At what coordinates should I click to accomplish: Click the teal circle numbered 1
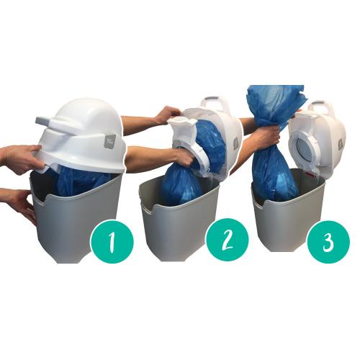point(112,241)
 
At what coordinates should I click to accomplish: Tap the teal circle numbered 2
point(227,240)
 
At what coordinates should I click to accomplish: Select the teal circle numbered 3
point(328,241)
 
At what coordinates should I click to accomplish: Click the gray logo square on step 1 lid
point(110,142)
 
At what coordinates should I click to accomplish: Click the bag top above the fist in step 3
point(276,106)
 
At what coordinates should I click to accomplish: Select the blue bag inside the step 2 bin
point(181,185)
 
